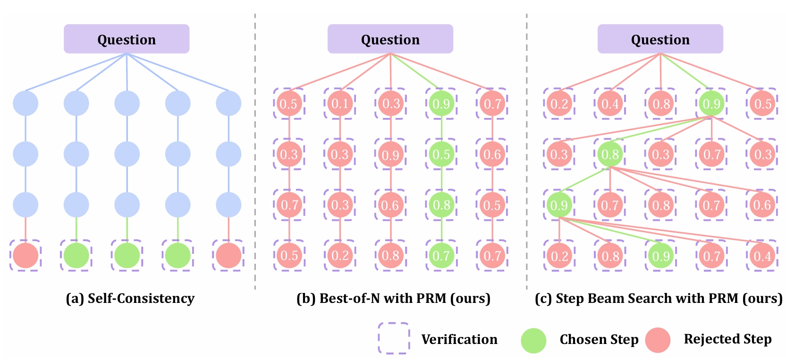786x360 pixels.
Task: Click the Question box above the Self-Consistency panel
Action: tap(127, 39)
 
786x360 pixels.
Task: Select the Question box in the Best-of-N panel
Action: tap(390, 39)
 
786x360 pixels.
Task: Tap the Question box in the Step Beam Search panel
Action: tap(660, 39)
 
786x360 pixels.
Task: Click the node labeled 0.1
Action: tap(340, 103)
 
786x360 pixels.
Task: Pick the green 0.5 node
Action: tap(441, 154)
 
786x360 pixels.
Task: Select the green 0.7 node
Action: tap(441, 256)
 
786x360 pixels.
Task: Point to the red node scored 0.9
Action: tap(390, 154)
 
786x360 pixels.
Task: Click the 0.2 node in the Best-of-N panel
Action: tap(340, 256)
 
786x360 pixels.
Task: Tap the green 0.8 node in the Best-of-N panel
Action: tap(441, 205)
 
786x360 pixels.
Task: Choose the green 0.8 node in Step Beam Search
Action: tap(610, 154)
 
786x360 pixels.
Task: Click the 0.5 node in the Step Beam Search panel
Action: tap(762, 103)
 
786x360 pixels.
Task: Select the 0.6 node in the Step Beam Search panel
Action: tap(762, 205)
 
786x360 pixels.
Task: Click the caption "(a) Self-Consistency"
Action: tap(130, 298)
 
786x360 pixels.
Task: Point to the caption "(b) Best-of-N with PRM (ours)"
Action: tap(393, 298)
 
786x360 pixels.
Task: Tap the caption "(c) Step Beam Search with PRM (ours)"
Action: tap(659, 298)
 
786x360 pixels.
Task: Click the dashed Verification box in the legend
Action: tap(393, 338)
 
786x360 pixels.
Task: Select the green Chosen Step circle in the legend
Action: tap(533, 340)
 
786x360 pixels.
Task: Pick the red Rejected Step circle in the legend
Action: tap(658, 340)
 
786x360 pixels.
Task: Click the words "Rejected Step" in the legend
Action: tap(727, 339)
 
